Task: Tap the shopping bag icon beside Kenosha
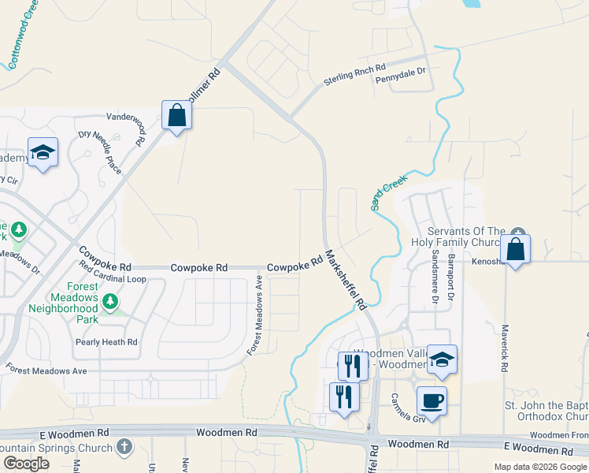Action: click(x=515, y=249)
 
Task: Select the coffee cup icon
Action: click(x=432, y=400)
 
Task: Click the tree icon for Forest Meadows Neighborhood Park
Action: click(x=111, y=300)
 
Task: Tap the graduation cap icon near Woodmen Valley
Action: click(x=442, y=359)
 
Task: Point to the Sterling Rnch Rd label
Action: click(x=354, y=76)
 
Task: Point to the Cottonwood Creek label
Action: click(x=23, y=35)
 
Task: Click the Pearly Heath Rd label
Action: click(x=106, y=342)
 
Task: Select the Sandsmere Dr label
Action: click(x=433, y=281)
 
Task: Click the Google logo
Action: click(x=26, y=464)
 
